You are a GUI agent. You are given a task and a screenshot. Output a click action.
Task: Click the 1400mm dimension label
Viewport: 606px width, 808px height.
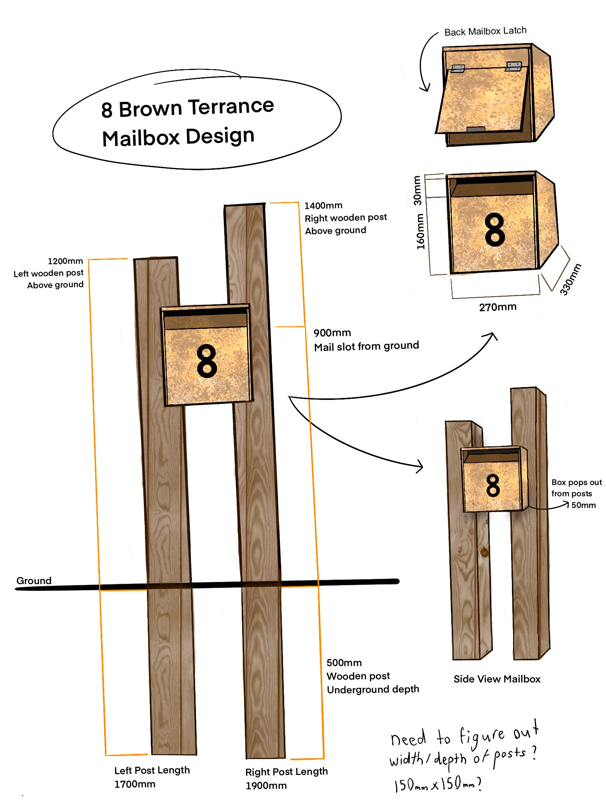click(x=323, y=205)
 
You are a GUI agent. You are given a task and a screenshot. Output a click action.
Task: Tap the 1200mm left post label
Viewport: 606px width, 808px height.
click(x=65, y=261)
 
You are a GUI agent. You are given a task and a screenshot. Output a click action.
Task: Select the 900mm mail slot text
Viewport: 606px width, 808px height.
click(x=332, y=333)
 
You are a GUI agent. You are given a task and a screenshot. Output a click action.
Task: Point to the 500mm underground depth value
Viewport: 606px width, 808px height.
click(x=344, y=663)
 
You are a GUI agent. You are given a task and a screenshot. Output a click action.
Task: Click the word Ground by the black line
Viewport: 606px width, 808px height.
click(x=34, y=581)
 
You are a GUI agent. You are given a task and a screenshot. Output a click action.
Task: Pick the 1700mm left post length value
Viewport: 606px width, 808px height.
click(x=134, y=784)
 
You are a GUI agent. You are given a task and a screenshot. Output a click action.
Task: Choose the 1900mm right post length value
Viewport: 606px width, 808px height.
click(x=266, y=785)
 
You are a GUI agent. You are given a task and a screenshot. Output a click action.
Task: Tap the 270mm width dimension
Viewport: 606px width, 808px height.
click(x=498, y=307)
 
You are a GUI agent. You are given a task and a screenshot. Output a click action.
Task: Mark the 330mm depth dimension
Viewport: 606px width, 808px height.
click(x=571, y=279)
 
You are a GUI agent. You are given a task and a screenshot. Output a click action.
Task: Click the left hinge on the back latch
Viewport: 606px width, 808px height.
click(x=458, y=69)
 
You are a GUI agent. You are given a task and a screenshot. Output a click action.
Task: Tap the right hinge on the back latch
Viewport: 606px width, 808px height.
click(x=513, y=66)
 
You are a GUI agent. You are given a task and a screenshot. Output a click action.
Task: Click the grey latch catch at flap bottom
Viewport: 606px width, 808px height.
click(x=475, y=129)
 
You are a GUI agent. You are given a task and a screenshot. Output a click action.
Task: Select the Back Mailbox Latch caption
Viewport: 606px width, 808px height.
click(x=485, y=31)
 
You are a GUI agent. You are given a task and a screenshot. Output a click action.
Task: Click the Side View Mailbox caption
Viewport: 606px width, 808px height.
click(x=497, y=679)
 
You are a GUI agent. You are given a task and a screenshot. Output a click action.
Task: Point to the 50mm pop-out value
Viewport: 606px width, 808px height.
click(x=583, y=505)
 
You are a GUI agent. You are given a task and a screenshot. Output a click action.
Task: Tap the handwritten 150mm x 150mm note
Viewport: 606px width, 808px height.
click(x=437, y=784)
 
